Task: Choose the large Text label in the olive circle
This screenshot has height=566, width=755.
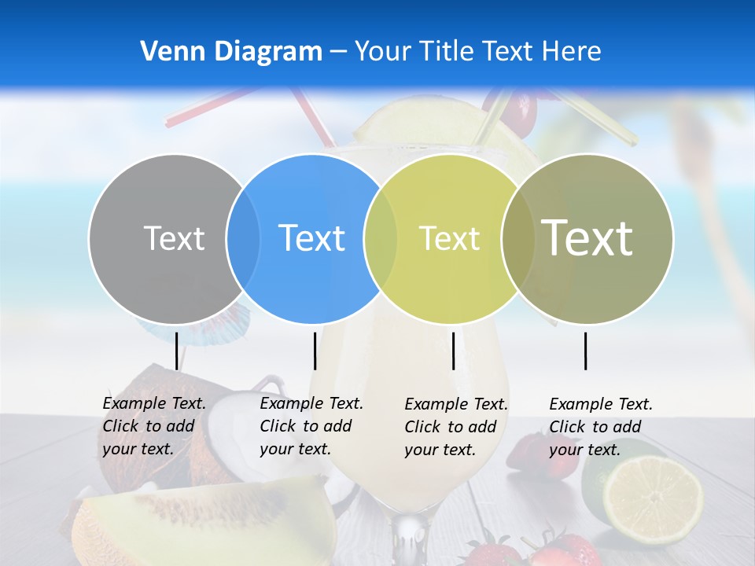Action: pos(587,238)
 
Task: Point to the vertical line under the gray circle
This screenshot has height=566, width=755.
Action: pos(176,351)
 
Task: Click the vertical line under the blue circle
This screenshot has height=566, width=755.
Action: pos(315,351)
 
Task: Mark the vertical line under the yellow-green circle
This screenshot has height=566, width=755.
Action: pos(453,351)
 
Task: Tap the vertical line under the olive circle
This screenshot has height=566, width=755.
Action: pos(585,351)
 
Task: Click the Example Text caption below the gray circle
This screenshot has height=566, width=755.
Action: pos(153,426)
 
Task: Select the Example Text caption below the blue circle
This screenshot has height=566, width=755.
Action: pos(311,426)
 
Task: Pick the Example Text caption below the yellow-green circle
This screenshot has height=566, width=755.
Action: pos(456,427)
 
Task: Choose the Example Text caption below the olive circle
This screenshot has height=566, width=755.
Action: pos(600,427)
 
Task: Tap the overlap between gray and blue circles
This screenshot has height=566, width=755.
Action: pos(243,239)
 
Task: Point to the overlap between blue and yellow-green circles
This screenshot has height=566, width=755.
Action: pos(381,239)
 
